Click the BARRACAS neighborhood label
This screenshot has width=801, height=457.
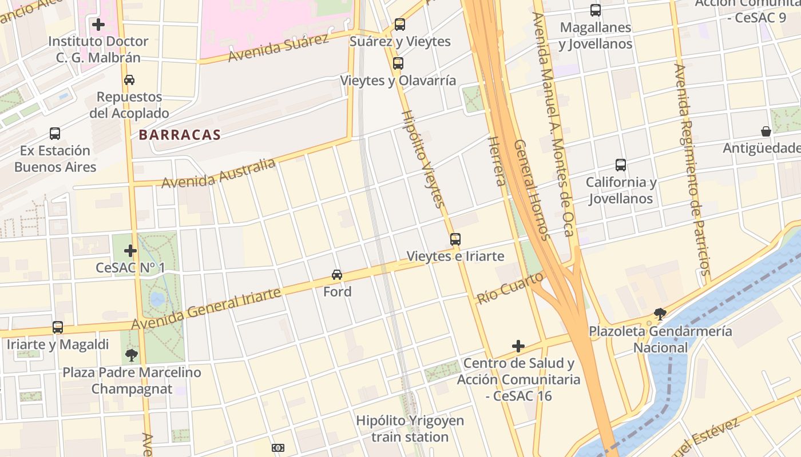[x=180, y=135]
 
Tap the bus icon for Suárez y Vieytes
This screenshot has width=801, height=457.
[x=400, y=25]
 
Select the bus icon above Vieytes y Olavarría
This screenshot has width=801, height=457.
[x=398, y=63]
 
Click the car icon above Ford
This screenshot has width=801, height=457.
[x=337, y=275]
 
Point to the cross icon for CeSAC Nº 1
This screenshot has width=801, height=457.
[x=130, y=251]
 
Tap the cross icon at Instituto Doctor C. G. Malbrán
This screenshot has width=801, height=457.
[x=98, y=25]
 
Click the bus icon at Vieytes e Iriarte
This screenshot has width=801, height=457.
[x=455, y=239]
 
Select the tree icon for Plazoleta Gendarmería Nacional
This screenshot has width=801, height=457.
[x=660, y=314]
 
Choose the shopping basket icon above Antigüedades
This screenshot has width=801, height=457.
[x=766, y=131]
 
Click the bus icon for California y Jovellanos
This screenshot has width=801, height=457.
[x=621, y=165]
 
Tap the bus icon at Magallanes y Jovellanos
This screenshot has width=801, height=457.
[x=596, y=10]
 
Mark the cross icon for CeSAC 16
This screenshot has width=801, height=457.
[x=518, y=346]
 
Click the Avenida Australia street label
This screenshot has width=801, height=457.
[x=219, y=174]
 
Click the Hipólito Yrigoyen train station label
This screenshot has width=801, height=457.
[x=410, y=428]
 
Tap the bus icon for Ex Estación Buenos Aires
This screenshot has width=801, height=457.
[x=55, y=134]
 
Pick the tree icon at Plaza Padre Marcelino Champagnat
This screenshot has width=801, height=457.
[x=132, y=355]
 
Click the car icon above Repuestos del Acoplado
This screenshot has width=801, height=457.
[x=129, y=80]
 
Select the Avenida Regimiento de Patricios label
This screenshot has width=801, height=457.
[x=692, y=169]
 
